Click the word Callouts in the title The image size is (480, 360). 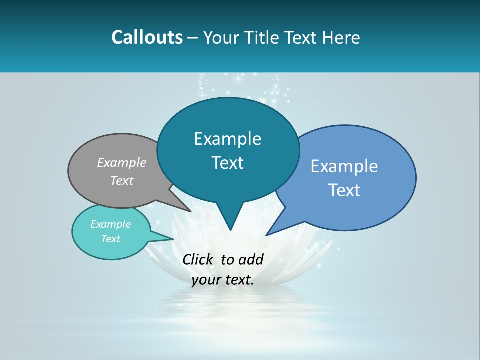(147, 37)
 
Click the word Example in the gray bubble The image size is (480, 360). (122, 162)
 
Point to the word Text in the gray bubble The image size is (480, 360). (122, 180)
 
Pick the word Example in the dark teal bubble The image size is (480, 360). (227, 139)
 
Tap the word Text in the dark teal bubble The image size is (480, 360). (227, 163)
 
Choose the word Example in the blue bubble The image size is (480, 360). (344, 166)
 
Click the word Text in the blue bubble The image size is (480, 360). (344, 190)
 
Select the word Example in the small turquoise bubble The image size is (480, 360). (110, 224)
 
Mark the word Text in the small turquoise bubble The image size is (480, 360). (110, 239)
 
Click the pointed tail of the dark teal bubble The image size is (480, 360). (230, 227)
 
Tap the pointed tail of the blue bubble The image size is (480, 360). (269, 233)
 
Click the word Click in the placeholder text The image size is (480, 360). (199, 259)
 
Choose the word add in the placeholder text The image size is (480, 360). (251, 259)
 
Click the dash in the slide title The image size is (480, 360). (193, 38)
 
